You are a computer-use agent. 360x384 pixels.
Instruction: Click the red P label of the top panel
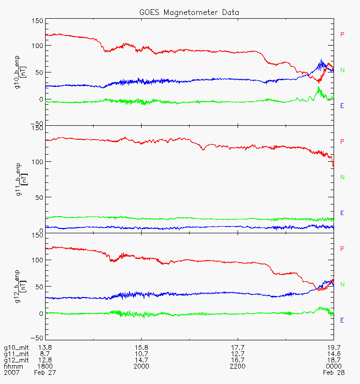342,35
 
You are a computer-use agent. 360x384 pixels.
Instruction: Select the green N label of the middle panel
342,177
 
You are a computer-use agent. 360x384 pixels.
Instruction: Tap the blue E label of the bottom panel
342,320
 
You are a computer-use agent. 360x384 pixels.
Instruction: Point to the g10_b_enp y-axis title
19,72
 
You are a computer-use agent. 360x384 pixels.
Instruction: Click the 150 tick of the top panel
38,21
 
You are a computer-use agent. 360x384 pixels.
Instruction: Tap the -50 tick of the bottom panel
38,337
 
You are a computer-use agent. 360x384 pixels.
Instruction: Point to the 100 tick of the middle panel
38,162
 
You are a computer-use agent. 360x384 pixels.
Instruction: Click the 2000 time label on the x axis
142,366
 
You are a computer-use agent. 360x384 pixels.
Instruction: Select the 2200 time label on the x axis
238,366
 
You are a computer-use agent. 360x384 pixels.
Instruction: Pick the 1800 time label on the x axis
46,366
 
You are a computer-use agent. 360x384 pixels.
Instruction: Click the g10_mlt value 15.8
142,348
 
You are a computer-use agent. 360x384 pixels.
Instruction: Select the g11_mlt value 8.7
46,354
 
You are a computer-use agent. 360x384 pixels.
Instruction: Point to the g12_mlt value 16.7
238,360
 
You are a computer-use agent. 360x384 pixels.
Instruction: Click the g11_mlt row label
15,354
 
